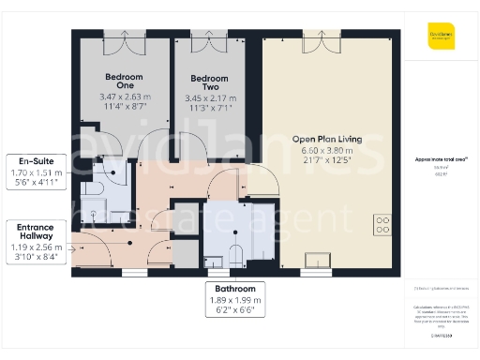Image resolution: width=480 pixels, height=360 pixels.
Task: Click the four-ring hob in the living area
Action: click(382, 224)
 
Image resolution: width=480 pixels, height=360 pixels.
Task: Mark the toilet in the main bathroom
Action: click(235, 252)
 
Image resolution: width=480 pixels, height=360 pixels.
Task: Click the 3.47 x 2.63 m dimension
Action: click(124, 97)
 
